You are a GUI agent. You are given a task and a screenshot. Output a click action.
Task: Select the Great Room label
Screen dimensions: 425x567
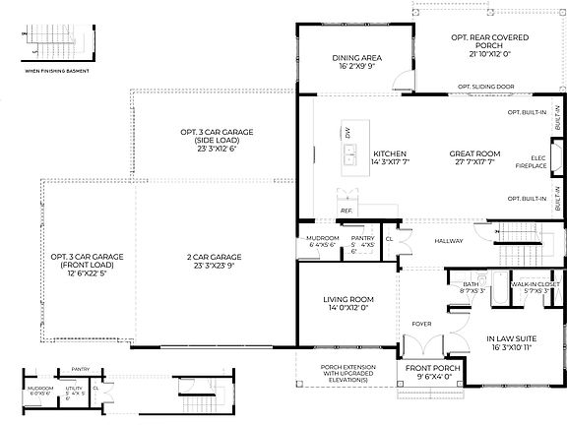tap(476, 154)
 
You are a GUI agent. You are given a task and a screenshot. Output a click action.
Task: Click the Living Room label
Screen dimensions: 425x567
tap(347, 304)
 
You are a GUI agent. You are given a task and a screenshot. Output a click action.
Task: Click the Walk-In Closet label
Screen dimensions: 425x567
tap(535, 287)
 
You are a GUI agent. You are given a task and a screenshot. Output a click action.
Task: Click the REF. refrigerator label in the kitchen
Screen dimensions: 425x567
tap(346, 211)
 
